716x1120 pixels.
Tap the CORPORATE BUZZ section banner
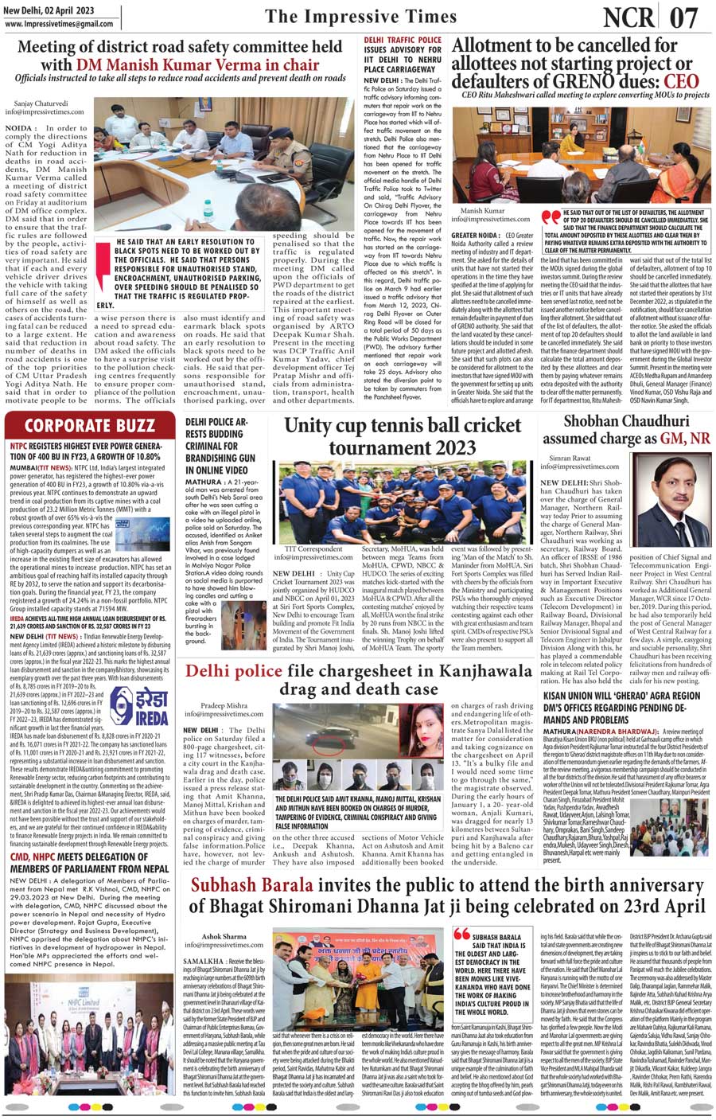pos(89,425)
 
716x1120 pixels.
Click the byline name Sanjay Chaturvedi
pos(41,103)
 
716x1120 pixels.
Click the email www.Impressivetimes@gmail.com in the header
pos(59,24)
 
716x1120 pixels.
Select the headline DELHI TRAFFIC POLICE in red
pos(403,40)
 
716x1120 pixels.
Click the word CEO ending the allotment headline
pos(681,81)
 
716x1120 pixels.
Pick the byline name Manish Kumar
pos(482,211)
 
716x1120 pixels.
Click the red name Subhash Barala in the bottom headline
pos(253,884)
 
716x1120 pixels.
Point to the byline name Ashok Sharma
pos(224,936)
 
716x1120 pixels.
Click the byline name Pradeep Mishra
pos(224,705)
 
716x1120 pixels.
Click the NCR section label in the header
pos(628,17)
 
